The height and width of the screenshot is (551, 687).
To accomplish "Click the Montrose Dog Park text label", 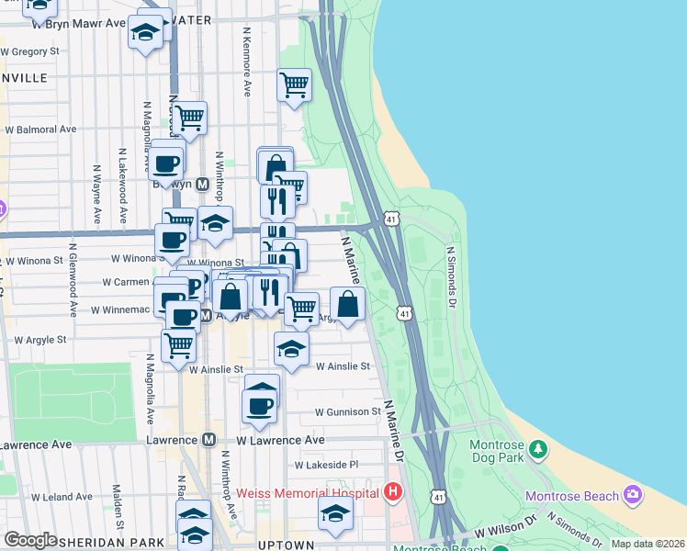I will click(496, 452).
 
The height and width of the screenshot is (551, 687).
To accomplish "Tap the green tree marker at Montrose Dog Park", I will click(538, 450).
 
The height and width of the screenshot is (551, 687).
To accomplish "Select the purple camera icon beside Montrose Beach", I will click(632, 496).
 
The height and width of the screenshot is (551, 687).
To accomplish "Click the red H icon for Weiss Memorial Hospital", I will click(394, 492).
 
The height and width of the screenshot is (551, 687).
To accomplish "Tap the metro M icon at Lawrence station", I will click(209, 441).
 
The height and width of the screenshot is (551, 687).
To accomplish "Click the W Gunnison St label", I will click(347, 412).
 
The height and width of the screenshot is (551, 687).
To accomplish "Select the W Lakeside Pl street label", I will click(325, 466).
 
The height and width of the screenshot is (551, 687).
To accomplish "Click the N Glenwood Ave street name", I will click(73, 273).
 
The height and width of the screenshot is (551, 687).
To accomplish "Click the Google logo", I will click(30, 540).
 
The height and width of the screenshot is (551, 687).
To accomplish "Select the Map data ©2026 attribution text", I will click(648, 544).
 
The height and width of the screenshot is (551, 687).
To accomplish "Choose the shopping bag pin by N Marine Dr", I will click(348, 305).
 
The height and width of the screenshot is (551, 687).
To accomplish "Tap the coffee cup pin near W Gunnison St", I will click(261, 405).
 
